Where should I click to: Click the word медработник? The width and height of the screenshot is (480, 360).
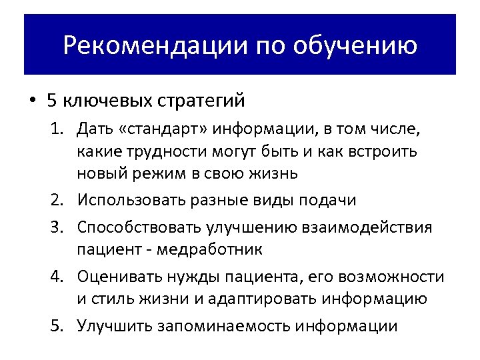(212, 250)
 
